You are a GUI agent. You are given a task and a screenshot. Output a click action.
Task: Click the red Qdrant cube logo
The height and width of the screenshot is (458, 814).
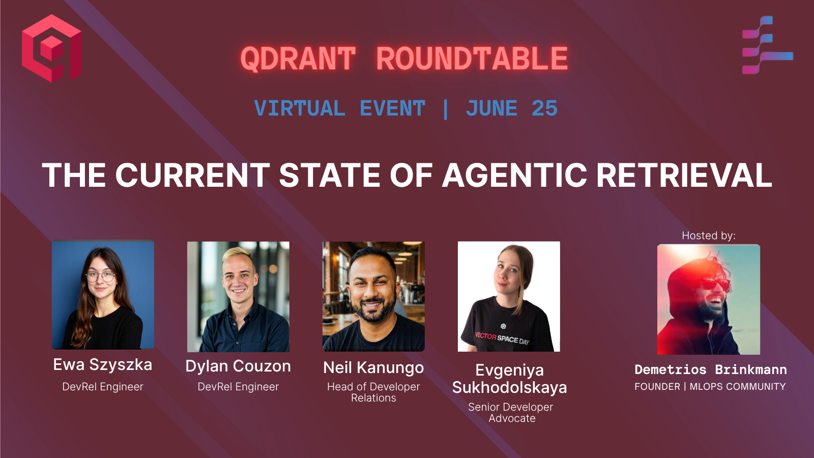coord(51,48)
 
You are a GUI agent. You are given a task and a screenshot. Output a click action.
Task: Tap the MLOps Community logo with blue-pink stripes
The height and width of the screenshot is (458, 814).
coord(767,45)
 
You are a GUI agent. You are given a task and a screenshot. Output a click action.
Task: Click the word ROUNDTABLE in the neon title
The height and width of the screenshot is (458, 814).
coord(472,58)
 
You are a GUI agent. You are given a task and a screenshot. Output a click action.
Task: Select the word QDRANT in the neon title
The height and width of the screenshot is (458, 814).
coord(298,58)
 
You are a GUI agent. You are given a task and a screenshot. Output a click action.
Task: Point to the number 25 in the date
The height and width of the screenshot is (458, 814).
coord(544,108)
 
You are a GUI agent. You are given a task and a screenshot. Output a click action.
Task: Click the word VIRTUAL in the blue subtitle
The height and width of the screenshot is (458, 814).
coord(300,108)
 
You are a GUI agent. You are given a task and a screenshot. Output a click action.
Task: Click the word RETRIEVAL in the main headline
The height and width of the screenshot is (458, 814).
coord(684,175)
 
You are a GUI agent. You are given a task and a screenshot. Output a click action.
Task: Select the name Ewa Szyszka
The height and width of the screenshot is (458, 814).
coord(102,365)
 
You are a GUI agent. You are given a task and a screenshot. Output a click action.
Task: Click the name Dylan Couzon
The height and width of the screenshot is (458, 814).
coord(238,366)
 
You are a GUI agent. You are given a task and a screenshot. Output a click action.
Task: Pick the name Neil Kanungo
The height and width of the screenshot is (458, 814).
coord(373,368)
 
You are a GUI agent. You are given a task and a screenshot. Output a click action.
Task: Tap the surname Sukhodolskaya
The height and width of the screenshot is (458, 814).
coord(509,388)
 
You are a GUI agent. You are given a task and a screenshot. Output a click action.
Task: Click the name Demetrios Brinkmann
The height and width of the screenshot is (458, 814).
coord(710,369)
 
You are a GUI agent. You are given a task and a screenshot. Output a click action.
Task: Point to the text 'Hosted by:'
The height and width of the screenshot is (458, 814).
coord(709,236)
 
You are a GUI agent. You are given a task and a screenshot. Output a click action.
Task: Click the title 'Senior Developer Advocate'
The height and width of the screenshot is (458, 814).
coord(511,413)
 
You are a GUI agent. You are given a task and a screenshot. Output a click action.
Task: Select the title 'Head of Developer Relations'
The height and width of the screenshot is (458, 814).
coord(373,392)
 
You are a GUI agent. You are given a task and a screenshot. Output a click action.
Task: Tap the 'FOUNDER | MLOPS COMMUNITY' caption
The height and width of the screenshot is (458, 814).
coord(710,386)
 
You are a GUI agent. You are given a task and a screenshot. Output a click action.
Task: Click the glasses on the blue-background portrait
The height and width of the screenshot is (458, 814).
coord(101,277)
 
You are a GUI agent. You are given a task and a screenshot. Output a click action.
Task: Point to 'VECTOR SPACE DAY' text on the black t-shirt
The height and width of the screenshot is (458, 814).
coord(502,338)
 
